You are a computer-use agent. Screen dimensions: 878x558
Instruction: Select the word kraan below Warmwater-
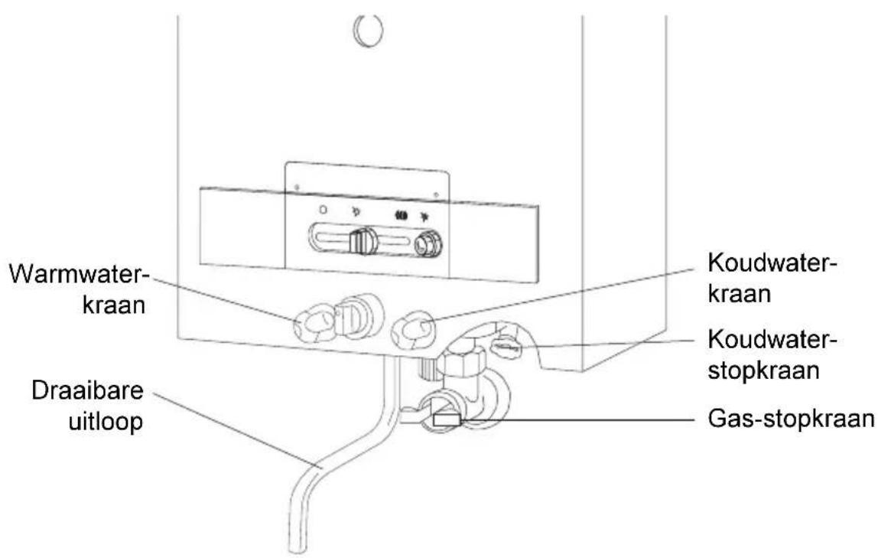click(x=114, y=305)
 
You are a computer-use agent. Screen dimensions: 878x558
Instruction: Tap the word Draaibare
click(x=87, y=391)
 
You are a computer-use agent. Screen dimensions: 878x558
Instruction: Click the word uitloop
click(x=106, y=421)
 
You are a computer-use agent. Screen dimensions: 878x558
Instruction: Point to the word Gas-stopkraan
click(x=792, y=419)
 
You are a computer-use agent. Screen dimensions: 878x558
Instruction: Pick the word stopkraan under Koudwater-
click(x=764, y=370)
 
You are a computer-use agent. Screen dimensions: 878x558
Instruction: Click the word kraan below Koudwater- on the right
click(x=739, y=294)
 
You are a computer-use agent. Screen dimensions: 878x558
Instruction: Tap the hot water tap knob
click(x=314, y=323)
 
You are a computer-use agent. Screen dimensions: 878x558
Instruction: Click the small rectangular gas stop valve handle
click(x=447, y=419)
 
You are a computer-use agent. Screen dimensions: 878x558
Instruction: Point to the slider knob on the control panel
click(x=363, y=241)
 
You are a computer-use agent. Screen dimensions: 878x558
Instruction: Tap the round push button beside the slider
click(x=428, y=243)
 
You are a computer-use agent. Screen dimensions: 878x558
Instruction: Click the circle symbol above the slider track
click(x=323, y=210)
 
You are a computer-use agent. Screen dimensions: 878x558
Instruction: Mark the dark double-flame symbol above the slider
click(x=402, y=214)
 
